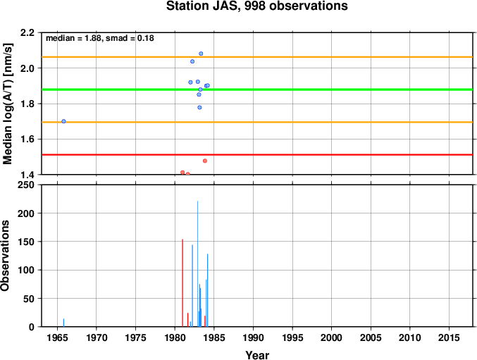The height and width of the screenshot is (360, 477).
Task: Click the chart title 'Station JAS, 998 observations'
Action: [256, 6]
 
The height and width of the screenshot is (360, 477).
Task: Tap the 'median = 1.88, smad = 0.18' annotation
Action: [100, 38]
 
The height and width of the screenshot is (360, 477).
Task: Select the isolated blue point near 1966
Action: [63, 121]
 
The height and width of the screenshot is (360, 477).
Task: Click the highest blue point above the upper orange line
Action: [201, 54]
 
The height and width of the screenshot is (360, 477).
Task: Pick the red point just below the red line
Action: [205, 161]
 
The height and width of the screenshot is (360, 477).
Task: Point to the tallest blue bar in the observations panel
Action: [197, 264]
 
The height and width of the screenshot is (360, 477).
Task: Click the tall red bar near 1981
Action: [182, 283]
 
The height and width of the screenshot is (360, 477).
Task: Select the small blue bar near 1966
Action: [63, 323]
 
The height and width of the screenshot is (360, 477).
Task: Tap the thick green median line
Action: [257, 89]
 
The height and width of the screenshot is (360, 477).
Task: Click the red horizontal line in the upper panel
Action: [257, 155]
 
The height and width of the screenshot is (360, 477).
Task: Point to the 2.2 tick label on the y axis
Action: [27, 32]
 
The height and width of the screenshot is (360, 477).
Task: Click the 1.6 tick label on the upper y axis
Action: [27, 139]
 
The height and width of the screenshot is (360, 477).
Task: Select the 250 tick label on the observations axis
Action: [25, 185]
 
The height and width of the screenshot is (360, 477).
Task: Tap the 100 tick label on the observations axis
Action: [25, 270]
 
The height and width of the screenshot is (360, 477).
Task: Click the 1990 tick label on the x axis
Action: [253, 337]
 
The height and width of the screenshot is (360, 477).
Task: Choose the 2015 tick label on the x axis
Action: [449, 337]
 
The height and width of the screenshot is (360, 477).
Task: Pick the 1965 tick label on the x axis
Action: [58, 337]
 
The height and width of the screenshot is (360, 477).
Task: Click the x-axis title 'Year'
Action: [257, 355]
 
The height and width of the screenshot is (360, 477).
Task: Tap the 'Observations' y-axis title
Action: [5, 256]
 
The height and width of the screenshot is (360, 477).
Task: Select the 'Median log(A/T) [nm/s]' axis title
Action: [8, 104]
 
